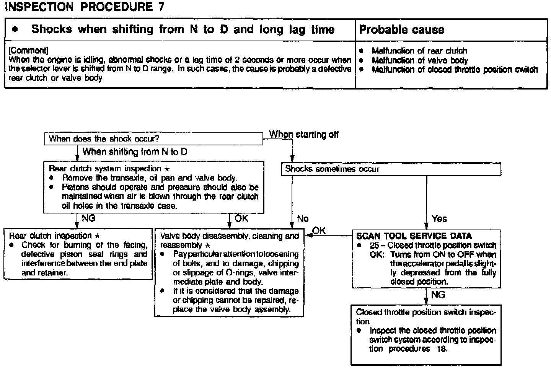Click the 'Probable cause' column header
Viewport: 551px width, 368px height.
(402, 29)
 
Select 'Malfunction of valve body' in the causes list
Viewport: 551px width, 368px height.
(419, 60)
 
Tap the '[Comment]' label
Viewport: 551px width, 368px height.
(28, 50)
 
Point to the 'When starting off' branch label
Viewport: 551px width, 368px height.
(304, 134)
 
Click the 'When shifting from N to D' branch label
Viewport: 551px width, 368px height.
(135, 151)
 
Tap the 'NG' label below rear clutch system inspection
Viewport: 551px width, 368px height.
(89, 218)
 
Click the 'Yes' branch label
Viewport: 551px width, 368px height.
(439, 218)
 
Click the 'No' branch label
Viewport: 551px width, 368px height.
(303, 218)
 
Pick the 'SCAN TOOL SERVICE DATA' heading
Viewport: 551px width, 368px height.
(414, 236)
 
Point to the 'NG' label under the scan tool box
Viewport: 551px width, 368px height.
(438, 294)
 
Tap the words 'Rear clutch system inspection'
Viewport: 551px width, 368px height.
(105, 169)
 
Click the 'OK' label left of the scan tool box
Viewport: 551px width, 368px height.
(319, 230)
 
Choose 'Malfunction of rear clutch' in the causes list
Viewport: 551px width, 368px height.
(419, 50)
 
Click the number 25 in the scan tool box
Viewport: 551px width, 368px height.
(375, 245)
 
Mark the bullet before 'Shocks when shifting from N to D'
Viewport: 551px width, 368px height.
(15, 29)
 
